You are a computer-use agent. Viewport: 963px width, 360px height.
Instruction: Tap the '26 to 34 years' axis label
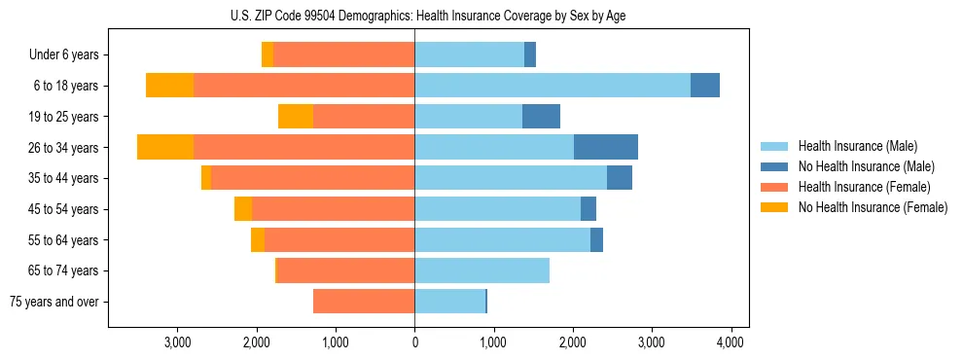[x=63, y=148]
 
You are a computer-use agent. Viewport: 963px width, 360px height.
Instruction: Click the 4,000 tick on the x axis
[x=731, y=342]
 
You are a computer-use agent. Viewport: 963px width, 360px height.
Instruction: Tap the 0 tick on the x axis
[x=414, y=342]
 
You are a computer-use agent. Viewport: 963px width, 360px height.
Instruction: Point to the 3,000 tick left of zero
[x=177, y=342]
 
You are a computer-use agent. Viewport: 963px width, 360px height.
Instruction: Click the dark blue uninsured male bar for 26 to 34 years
[x=605, y=147]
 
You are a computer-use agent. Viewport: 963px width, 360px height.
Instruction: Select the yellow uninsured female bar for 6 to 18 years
[x=169, y=86]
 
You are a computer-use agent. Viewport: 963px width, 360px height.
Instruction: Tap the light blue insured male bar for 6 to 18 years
[x=552, y=86]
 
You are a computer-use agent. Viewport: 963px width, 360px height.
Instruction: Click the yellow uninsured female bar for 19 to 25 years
[x=295, y=117]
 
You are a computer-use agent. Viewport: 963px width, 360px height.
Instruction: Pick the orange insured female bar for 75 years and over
[x=363, y=302]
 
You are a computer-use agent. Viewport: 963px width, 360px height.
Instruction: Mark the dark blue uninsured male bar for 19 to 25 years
[x=541, y=117]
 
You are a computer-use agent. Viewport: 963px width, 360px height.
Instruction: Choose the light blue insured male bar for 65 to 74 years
[x=481, y=270]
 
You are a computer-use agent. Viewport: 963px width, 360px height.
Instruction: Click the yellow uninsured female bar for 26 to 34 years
[x=165, y=147]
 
